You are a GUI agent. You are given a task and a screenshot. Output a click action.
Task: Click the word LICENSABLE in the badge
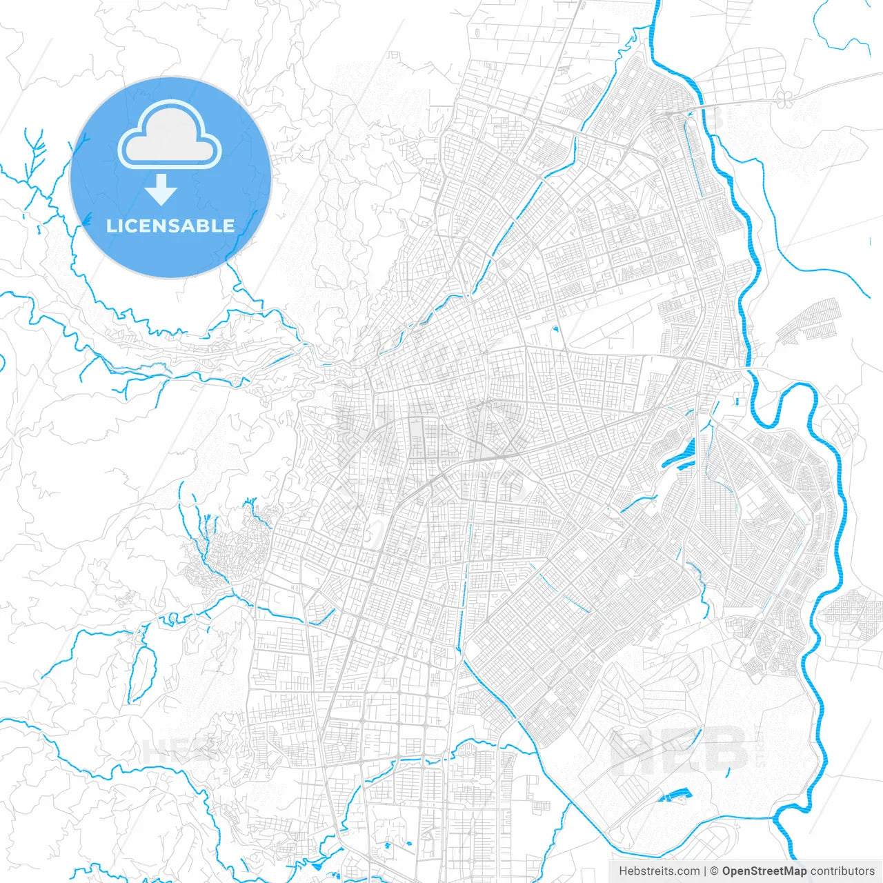click(x=170, y=226)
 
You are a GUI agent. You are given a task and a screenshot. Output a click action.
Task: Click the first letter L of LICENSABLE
click(x=110, y=226)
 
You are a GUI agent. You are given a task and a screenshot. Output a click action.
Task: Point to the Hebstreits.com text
click(x=659, y=871)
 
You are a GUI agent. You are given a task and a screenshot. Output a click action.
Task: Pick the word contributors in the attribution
click(x=842, y=871)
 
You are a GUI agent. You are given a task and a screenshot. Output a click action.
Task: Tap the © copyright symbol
click(x=715, y=871)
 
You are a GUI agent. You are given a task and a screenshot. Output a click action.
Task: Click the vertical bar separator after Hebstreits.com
click(x=705, y=871)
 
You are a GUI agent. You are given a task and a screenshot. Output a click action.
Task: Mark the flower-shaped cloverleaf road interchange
click(x=783, y=98)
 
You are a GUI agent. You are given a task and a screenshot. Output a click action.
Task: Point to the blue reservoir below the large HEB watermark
click(x=675, y=795)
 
